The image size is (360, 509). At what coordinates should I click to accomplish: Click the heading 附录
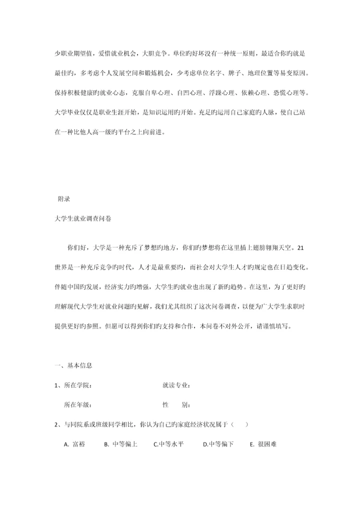coord(64,199)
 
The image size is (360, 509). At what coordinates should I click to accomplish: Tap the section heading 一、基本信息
coord(73,365)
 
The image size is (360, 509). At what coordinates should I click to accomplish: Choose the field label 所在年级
coord(78,404)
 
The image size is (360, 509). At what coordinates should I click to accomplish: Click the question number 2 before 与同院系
coord(56,424)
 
